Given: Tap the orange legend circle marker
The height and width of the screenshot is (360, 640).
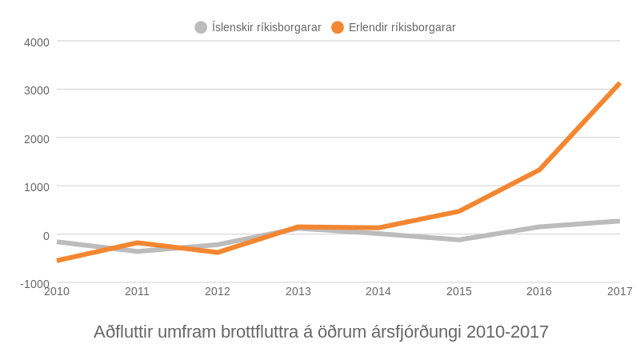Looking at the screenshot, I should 338,27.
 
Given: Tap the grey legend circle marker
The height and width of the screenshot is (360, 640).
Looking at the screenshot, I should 201,27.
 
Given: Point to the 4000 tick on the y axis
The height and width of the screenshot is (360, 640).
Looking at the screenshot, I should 36,42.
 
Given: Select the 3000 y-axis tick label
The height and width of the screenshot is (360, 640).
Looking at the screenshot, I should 36,90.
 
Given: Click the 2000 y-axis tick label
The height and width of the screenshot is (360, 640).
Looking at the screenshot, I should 36,138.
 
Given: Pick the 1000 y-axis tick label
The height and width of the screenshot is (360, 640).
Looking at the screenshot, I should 36,187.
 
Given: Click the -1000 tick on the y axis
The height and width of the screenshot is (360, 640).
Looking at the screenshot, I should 34,284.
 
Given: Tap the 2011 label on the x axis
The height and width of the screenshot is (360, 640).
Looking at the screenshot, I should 137,291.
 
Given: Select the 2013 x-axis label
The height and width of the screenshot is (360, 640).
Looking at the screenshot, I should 298,291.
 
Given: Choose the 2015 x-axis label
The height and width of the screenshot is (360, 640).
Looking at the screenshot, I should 459,291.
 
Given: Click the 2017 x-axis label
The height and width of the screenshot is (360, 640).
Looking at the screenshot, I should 619,291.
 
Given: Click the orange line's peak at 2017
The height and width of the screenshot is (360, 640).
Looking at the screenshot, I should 618,85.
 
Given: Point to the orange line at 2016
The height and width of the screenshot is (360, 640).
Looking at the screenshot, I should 539,170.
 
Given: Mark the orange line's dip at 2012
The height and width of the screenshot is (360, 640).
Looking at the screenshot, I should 218,252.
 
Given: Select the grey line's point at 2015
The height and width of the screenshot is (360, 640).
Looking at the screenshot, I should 459,239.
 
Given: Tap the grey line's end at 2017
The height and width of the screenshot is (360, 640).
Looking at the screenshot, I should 618,221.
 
